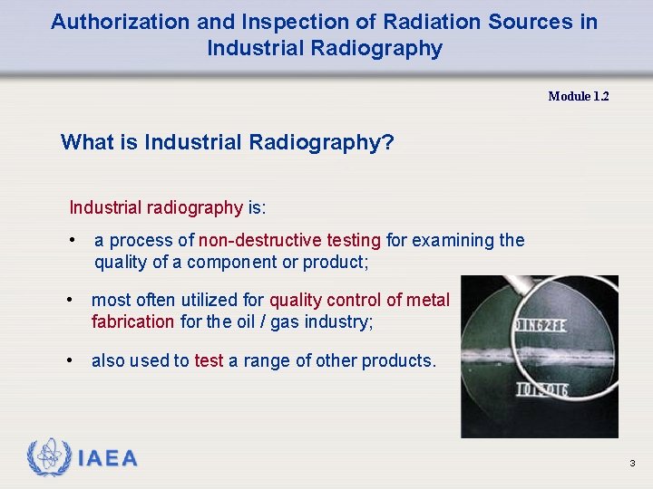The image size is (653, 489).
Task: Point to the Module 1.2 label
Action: [x=578, y=96]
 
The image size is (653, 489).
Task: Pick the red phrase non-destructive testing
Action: [x=289, y=240]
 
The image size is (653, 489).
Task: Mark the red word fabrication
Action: [x=132, y=321]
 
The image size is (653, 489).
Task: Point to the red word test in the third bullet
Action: [x=209, y=360]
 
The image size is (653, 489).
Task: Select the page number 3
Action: [x=632, y=464]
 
